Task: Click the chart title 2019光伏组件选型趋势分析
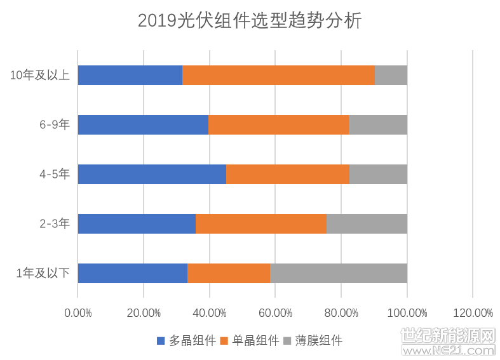(250, 21)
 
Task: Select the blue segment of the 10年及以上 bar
(130, 75)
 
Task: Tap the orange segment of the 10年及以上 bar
(278, 75)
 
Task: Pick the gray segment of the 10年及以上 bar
(391, 75)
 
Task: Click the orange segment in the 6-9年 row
(278, 124)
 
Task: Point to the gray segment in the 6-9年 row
(378, 124)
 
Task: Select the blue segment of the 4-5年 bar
(152, 174)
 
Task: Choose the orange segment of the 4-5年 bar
(288, 174)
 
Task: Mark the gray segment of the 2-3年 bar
(367, 223)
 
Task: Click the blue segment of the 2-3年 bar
(137, 223)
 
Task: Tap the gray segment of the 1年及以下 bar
(339, 273)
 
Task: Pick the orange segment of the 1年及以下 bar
(229, 273)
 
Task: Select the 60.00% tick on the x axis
(275, 313)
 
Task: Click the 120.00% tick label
(473, 313)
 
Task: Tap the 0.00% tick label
(78, 313)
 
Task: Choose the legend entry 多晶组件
(186, 340)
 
